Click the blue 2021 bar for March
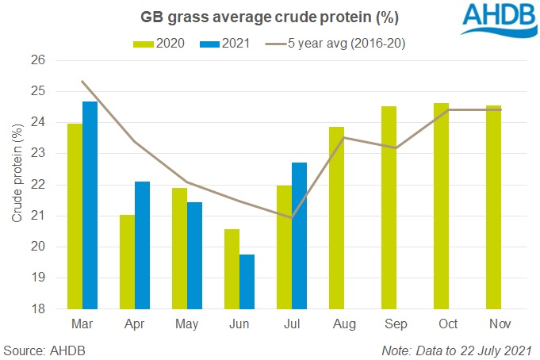[x=90, y=205]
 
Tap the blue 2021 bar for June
[x=247, y=281]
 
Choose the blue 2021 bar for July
[x=299, y=236]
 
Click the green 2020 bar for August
[x=336, y=218]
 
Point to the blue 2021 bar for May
[x=194, y=255]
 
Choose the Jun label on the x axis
[x=239, y=325]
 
